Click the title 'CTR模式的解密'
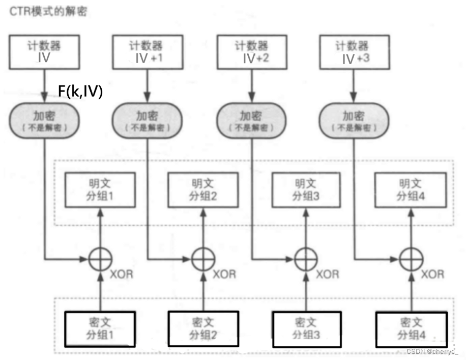pos(49,11)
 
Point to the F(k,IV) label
pos(80,91)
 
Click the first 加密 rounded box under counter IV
pos(45,120)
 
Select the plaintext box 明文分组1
pos(100,189)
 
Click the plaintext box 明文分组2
pos(203,189)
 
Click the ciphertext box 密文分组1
pos(100,328)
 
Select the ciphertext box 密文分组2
pos(203,328)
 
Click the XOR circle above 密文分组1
pos(100,259)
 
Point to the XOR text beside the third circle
pos(327,274)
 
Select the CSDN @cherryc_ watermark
pos(432,352)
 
